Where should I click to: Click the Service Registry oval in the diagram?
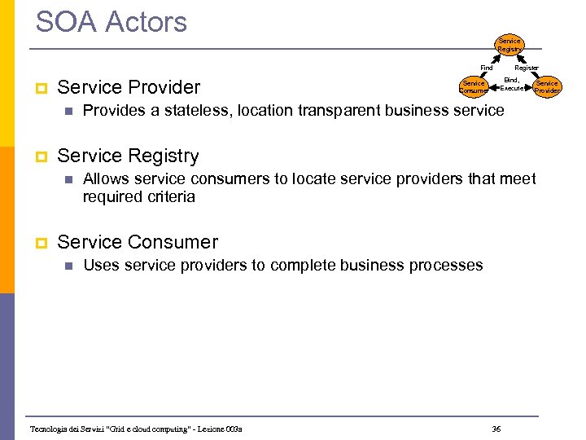pyautogui.click(x=509, y=44)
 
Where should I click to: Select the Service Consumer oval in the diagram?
pyautogui.click(x=473, y=86)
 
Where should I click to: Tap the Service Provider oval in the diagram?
pyautogui.click(x=547, y=86)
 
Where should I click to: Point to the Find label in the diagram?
pyautogui.click(x=487, y=68)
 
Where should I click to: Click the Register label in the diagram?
pyautogui.click(x=526, y=68)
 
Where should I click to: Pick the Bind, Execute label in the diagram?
pyautogui.click(x=511, y=84)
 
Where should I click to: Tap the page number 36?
pyautogui.click(x=496, y=429)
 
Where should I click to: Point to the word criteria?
pyautogui.click(x=168, y=196)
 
